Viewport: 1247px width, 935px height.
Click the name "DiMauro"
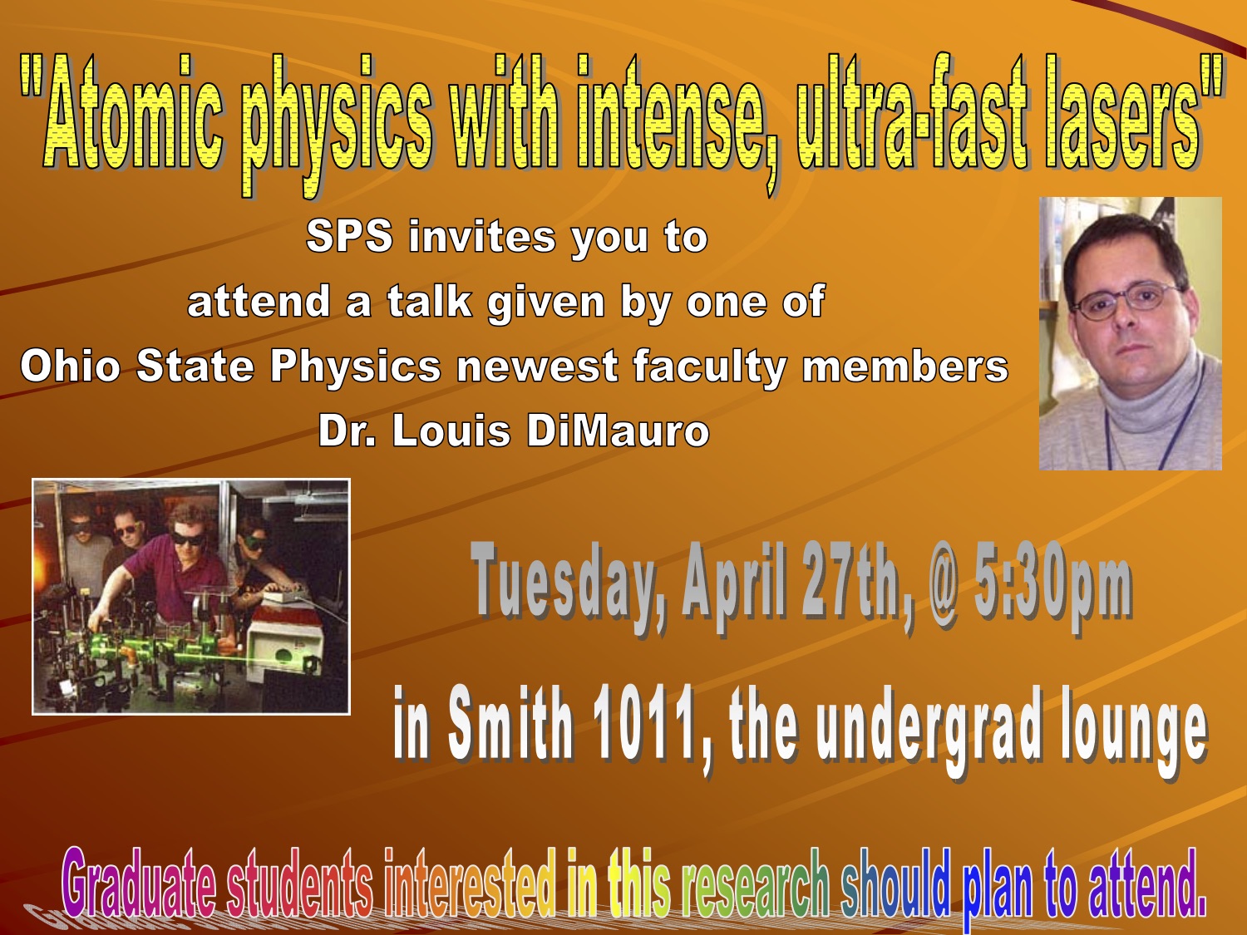point(619,431)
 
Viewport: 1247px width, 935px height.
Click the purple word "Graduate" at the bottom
point(139,882)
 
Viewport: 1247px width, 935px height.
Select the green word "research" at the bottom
point(756,883)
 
